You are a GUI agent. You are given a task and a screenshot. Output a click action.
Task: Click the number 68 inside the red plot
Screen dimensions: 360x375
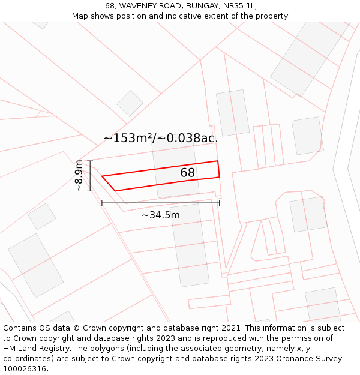[188, 173]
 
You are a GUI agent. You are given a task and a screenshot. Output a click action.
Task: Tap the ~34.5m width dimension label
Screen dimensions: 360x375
[161, 215]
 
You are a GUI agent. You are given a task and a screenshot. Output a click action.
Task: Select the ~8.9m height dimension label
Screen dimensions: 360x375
[79, 176]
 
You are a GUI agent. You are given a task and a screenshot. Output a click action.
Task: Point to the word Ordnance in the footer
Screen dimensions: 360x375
[296, 359]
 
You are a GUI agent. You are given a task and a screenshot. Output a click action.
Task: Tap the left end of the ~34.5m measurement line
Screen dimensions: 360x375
[102, 203]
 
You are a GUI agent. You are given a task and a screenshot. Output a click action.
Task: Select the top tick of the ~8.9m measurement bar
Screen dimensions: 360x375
[90, 161]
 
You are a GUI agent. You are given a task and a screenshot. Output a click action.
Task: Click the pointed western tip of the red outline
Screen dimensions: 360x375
[102, 176]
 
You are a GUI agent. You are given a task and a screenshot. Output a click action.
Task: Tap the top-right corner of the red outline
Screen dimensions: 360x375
[217, 161]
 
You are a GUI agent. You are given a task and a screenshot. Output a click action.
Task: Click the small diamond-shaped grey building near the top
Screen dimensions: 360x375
[130, 103]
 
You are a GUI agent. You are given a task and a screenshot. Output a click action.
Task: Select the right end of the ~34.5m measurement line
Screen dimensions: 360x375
[220, 203]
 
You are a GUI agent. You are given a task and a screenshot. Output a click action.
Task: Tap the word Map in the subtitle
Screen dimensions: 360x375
[80, 16]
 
